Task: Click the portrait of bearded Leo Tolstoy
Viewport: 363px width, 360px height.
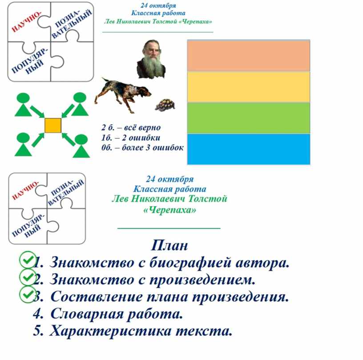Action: click(151, 59)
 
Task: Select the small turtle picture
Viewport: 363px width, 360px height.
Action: click(165, 105)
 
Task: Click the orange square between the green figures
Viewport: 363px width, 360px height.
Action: click(53, 125)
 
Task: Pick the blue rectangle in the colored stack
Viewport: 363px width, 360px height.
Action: click(248, 149)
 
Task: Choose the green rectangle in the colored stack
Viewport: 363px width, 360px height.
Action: click(248, 118)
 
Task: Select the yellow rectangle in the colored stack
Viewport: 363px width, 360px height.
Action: click(248, 87)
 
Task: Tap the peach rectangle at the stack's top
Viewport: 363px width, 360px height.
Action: click(248, 56)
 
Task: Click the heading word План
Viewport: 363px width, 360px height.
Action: click(169, 245)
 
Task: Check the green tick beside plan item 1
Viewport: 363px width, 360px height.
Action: click(28, 260)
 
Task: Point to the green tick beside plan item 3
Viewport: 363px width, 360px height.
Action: click(28, 295)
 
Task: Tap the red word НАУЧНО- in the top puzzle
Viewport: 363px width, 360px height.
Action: click(26, 21)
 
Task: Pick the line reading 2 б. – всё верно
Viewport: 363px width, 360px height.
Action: click(131, 127)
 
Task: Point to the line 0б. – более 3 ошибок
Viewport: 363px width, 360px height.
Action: click(142, 147)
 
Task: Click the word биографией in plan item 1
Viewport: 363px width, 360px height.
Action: click(190, 263)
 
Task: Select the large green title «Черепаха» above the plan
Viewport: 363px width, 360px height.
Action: click(169, 210)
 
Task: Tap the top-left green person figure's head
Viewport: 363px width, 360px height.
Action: click(24, 98)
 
